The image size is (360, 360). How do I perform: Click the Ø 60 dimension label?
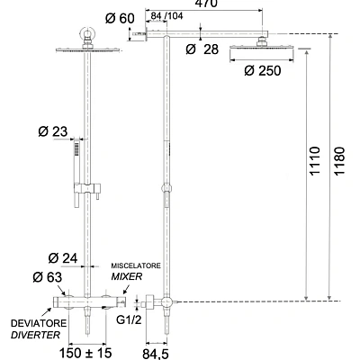click(x=120, y=19)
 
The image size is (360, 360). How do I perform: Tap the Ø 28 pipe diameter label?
click(x=202, y=49)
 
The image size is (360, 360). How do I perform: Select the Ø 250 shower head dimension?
click(x=263, y=71)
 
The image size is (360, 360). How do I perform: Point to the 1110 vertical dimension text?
click(x=315, y=161)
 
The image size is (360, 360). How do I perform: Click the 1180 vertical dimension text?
click(x=339, y=161)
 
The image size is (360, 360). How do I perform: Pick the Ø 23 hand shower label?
click(x=53, y=131)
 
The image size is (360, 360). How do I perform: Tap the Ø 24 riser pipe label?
click(x=63, y=258)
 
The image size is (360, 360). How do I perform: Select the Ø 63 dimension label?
click(x=48, y=277)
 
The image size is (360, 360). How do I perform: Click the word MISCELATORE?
click(x=136, y=265)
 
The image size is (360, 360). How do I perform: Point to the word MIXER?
click(x=127, y=276)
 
